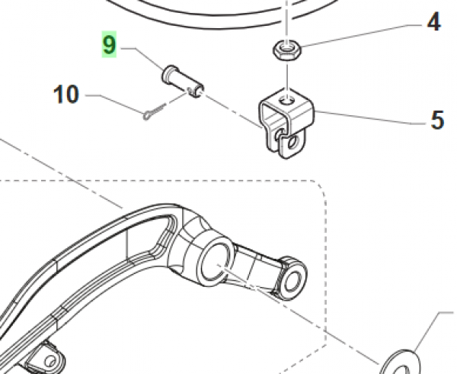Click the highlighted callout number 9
(109, 44)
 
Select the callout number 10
(66, 94)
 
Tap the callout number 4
(433, 22)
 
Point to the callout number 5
(437, 120)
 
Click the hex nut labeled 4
(287, 50)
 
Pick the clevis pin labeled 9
(183, 82)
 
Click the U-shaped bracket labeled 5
(286, 123)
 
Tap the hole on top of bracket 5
(287, 101)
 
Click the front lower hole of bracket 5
(292, 143)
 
